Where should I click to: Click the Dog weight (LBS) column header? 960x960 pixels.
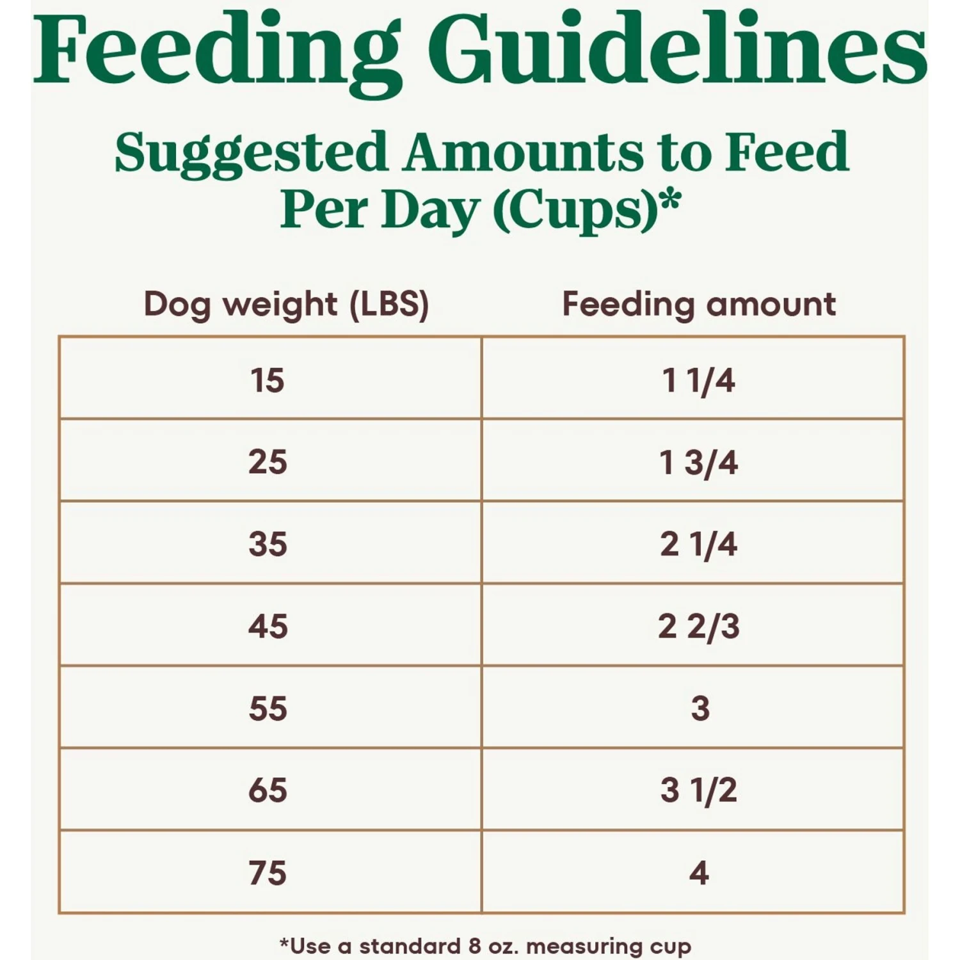286,304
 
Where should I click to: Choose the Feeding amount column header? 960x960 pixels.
699,304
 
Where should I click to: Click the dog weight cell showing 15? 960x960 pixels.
268,380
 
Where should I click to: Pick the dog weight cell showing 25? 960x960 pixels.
268,461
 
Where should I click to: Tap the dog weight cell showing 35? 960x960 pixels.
268,544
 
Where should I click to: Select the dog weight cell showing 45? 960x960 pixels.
268,626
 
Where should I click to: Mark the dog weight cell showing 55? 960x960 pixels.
268,708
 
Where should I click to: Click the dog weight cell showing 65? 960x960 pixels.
268,790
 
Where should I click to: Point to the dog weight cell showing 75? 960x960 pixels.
268,873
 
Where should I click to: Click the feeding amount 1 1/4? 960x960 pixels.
699,380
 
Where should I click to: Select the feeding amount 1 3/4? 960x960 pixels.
699,461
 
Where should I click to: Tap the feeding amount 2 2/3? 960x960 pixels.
699,626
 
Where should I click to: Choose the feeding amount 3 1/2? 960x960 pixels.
699,790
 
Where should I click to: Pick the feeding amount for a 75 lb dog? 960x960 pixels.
699,873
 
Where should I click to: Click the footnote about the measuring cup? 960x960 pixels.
485,946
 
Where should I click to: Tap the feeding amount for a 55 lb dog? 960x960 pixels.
700,708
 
